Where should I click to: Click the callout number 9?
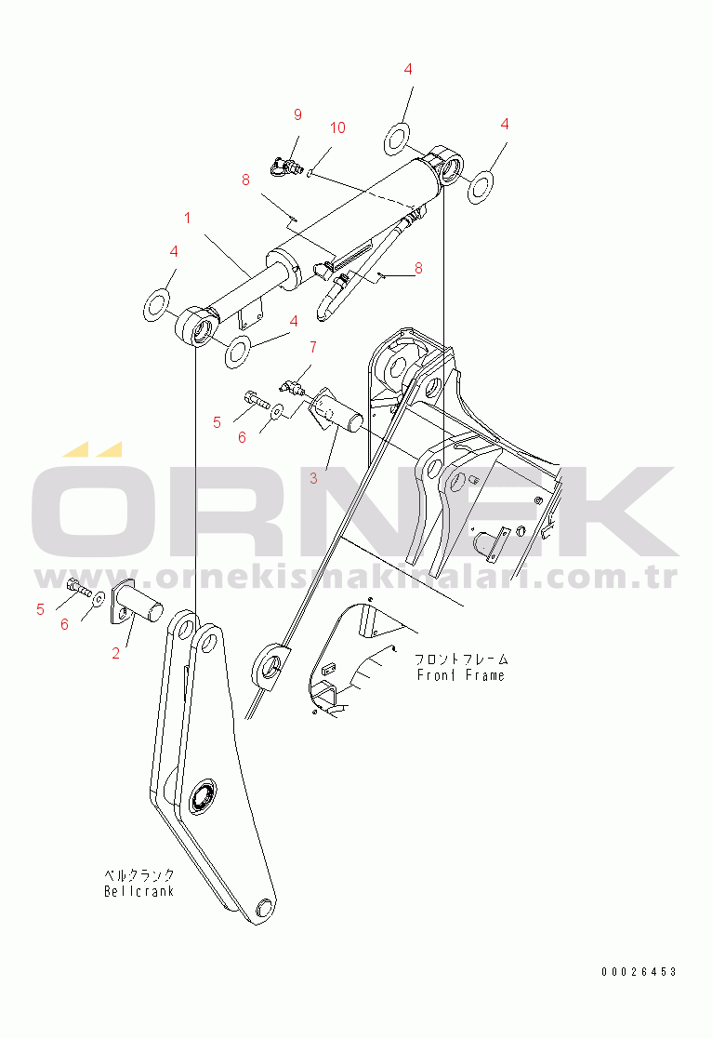tap(297, 114)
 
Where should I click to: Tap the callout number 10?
tap(337, 127)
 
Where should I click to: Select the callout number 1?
tap(187, 219)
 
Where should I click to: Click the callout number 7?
tap(313, 348)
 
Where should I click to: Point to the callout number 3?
tap(313, 478)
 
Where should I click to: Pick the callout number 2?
tap(116, 653)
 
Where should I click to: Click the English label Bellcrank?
tap(138, 891)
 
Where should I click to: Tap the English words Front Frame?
tap(460, 675)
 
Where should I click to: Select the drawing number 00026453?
tap(638, 972)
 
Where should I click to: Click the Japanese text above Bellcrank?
tap(138, 875)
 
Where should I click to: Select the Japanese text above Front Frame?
tap(462, 659)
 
